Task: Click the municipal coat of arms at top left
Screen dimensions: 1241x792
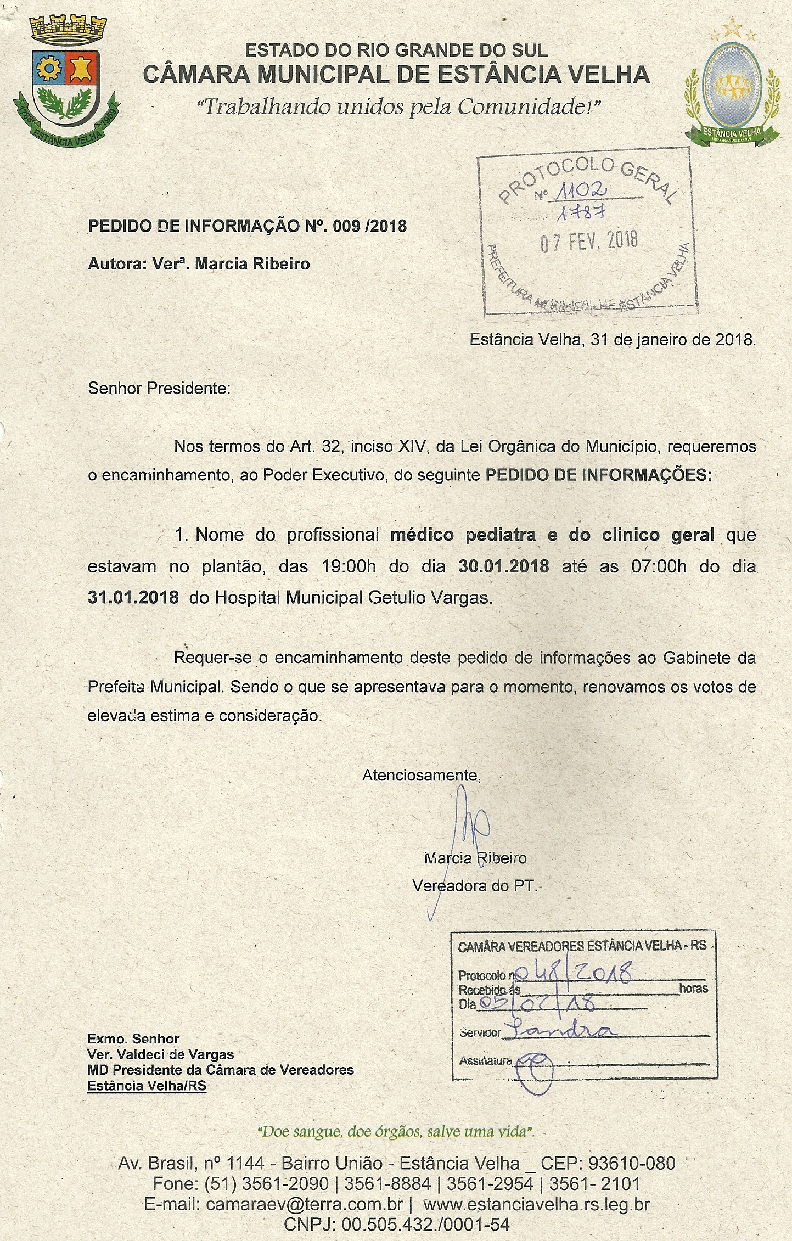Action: coord(65,82)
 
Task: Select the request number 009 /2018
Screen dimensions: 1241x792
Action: coord(369,226)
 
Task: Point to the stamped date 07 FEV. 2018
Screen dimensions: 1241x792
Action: coord(589,241)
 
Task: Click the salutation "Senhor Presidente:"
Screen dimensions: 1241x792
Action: coord(159,389)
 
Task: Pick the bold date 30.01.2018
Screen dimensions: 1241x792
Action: coord(503,566)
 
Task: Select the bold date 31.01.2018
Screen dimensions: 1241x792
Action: coord(133,597)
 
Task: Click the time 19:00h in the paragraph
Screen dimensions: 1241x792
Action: coord(349,566)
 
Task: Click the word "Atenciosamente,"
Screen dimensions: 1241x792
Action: coord(421,775)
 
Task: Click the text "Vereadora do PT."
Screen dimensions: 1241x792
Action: coord(475,885)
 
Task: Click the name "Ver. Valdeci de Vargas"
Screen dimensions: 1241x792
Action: coord(160,1054)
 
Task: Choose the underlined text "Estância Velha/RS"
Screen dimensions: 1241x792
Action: coord(147,1086)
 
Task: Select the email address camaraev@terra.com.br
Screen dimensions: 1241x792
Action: coord(305,1204)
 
